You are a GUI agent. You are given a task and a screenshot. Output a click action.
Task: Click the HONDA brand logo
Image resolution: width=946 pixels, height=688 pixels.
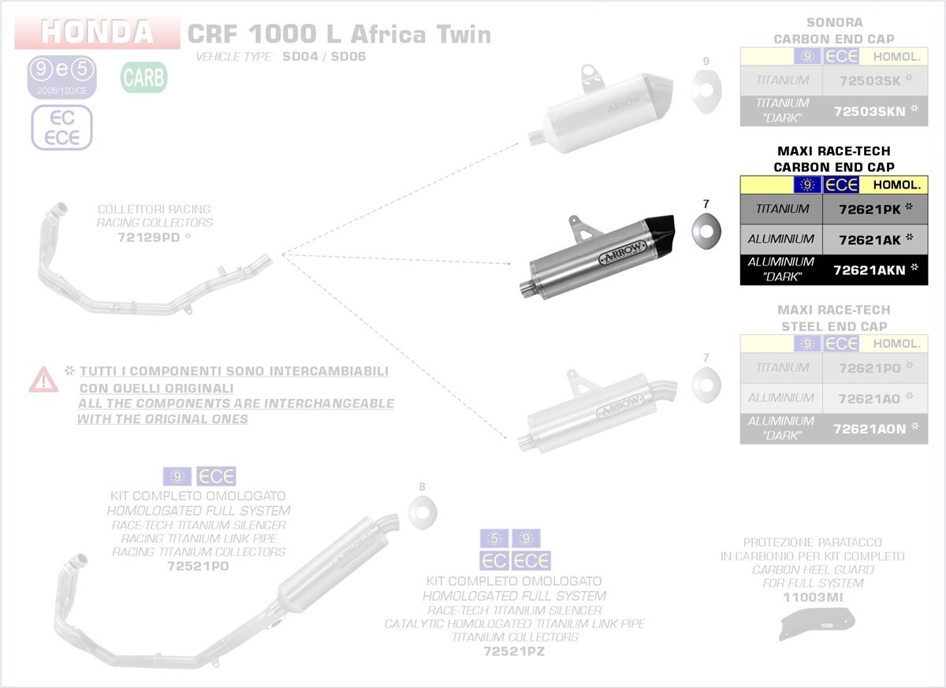(x=97, y=32)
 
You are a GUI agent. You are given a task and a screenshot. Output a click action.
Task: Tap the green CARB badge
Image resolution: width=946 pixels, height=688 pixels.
(x=143, y=78)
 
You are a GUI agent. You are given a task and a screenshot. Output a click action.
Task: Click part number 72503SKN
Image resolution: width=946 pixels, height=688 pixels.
(x=870, y=111)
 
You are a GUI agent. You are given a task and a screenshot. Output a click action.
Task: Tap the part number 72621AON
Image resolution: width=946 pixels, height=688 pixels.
(x=870, y=428)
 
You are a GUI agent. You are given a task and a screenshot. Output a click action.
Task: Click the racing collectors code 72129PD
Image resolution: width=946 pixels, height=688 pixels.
(x=150, y=236)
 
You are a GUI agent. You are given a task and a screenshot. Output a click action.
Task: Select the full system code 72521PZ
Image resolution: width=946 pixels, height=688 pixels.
(x=514, y=652)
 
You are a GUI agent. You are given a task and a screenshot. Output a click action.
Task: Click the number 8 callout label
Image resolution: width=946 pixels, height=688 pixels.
(x=422, y=487)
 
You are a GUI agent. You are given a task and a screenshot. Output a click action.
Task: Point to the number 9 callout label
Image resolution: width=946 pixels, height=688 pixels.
(x=706, y=61)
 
